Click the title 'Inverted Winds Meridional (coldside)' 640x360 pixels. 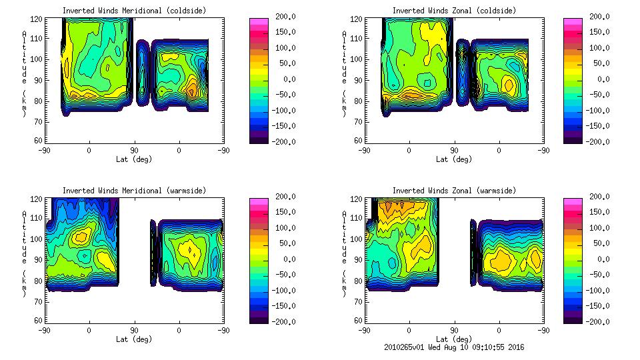[134, 11]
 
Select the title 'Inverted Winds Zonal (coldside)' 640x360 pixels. [454, 11]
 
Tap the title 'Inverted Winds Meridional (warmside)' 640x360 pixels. [134, 191]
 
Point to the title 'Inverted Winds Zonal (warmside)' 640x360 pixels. [454, 191]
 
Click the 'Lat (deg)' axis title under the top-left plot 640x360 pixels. [134, 159]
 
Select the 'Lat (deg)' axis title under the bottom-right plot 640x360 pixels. [454, 339]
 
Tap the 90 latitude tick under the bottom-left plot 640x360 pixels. [134, 329]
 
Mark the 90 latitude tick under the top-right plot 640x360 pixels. [454, 150]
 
